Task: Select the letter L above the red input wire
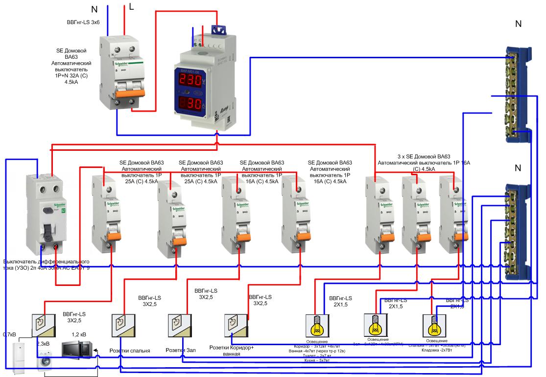[131, 7]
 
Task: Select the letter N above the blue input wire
[95, 9]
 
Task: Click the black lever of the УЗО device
[48, 231]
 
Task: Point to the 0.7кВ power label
[10, 334]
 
